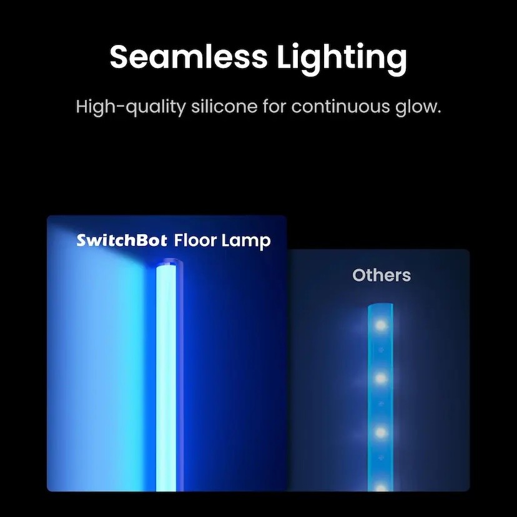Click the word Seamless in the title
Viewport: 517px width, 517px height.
point(189,56)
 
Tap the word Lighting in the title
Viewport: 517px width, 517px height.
point(342,59)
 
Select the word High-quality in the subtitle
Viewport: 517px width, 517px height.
point(131,107)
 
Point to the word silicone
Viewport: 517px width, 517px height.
point(224,107)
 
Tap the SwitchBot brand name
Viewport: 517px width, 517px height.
point(122,240)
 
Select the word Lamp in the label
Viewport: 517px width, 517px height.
point(245,242)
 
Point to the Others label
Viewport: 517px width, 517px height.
point(382,275)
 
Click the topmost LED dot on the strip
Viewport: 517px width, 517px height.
point(380,325)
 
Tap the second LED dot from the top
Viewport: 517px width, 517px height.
point(380,378)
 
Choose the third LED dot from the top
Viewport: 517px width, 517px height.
point(380,432)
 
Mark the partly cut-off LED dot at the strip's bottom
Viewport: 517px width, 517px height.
point(380,487)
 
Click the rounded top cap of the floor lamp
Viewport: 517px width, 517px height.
point(169,263)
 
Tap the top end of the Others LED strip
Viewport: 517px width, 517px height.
point(380,305)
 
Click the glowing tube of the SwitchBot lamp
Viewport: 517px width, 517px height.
point(166,379)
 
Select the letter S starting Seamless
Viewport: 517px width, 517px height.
point(119,57)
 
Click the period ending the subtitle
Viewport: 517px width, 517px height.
point(439,112)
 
